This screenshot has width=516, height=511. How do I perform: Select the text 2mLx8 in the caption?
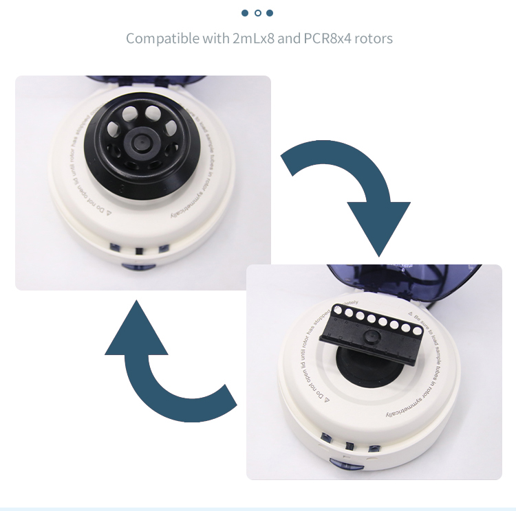pos(253,38)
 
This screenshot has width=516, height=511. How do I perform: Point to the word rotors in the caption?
pos(374,38)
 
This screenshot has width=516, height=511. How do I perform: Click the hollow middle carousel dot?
pos(258,13)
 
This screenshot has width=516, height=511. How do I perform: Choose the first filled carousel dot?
pos(246,13)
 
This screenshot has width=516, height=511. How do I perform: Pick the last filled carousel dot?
pos(270,13)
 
